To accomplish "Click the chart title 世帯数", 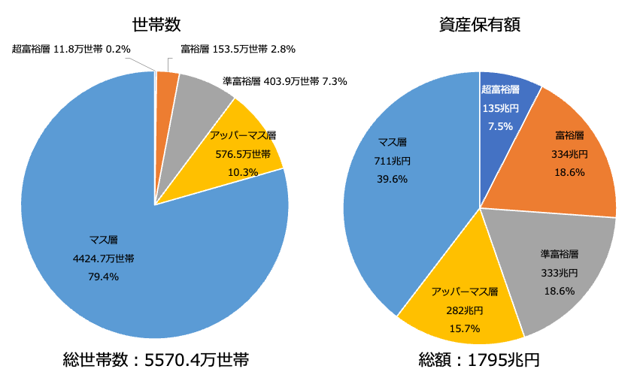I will coord(156,24).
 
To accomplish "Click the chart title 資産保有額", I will coord(480,24).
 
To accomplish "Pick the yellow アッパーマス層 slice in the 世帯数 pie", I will coord(248,162).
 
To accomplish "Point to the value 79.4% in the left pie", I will coord(104,277).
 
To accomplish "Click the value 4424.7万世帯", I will coord(104,259).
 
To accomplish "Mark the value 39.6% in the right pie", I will coord(392,179).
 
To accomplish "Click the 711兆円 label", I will coord(392,160).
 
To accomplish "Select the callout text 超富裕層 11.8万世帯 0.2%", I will coord(71,50).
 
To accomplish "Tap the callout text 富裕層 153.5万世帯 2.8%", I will coord(238,50).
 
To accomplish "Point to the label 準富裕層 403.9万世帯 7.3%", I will coord(285,81).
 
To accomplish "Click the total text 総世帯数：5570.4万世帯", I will coord(156,359).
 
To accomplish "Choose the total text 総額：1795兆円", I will coord(479,359).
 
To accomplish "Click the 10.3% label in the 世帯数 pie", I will coord(243,172).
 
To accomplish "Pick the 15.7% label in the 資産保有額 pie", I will coord(464,328).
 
